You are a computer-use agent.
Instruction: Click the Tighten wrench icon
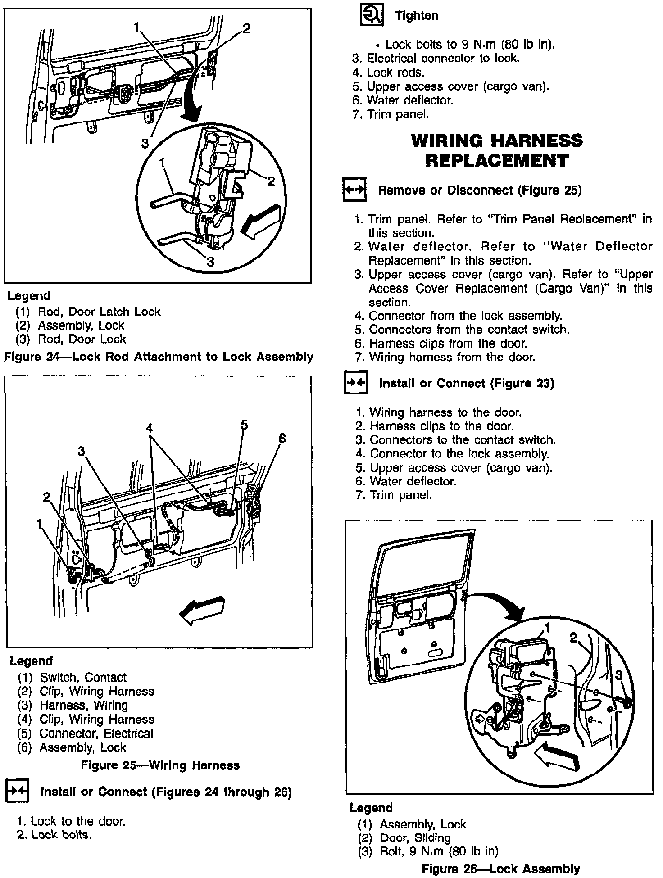click(x=371, y=16)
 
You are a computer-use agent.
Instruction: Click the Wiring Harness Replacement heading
click(x=497, y=150)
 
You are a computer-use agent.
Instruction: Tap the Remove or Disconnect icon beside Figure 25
click(x=355, y=189)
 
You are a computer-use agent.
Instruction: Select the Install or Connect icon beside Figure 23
click(x=356, y=383)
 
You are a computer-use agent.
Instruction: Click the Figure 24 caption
click(x=159, y=357)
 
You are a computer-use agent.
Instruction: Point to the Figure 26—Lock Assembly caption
click(x=500, y=869)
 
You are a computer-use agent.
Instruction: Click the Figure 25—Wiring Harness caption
click(x=160, y=765)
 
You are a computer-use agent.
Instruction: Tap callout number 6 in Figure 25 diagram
click(x=282, y=438)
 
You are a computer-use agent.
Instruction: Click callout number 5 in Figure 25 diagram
click(x=244, y=425)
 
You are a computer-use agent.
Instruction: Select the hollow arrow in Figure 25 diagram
click(x=202, y=610)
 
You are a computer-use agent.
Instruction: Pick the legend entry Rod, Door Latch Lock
click(x=99, y=312)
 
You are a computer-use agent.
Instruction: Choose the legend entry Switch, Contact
click(x=83, y=678)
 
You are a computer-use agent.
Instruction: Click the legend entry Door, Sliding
click(x=415, y=838)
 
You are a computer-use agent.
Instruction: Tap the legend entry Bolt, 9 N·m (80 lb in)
click(x=439, y=851)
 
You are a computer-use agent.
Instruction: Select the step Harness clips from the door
click(x=447, y=343)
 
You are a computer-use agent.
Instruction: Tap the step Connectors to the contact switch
click(x=462, y=439)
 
